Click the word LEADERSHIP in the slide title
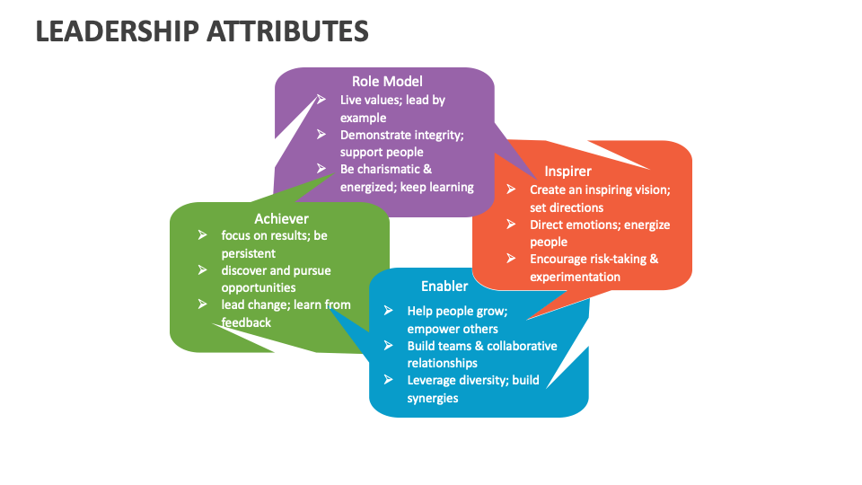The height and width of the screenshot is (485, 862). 117,31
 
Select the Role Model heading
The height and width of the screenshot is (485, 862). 387,82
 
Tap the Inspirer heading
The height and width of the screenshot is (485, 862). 567,171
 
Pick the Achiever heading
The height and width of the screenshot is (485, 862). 281,218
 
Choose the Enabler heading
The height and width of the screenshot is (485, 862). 444,286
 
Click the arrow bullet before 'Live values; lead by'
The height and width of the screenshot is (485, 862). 321,100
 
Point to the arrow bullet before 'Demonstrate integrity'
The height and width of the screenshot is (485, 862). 321,134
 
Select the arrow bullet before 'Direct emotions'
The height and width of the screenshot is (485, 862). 511,224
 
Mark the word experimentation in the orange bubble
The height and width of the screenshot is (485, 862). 575,277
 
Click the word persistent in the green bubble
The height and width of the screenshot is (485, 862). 249,253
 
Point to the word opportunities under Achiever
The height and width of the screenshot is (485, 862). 259,287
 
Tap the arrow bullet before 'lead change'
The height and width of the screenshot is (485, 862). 202,304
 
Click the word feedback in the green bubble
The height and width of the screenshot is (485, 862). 246,322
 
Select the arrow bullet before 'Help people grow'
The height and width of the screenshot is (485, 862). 388,311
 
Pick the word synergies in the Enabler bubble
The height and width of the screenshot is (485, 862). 433,398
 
